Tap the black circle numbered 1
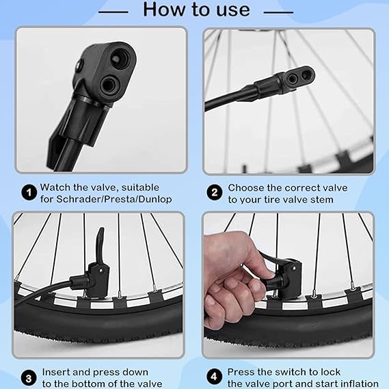pos(29,193)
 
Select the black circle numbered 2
pos(215,193)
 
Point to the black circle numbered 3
pos(29,378)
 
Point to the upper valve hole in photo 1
pos(120,58)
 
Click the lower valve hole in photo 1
pos(109,86)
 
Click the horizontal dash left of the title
pos(113,12)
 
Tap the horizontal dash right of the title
pos(278,12)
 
